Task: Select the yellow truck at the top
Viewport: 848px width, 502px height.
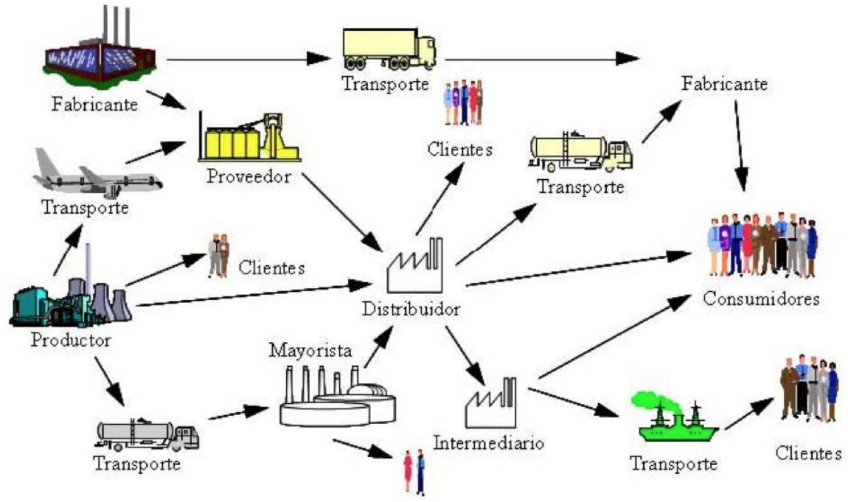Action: point(389,49)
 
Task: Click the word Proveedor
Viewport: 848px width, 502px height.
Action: point(248,177)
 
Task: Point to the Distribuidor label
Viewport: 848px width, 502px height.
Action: point(411,308)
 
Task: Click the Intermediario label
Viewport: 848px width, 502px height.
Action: point(489,444)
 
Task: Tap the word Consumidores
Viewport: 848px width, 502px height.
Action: point(761,300)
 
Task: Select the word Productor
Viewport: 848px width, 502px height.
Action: point(72,341)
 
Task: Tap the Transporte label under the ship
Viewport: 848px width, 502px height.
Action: point(673,464)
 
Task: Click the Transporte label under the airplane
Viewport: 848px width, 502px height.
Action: point(85,208)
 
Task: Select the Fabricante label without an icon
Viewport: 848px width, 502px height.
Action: point(726,84)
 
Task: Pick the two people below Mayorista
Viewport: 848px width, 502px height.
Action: point(414,472)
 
